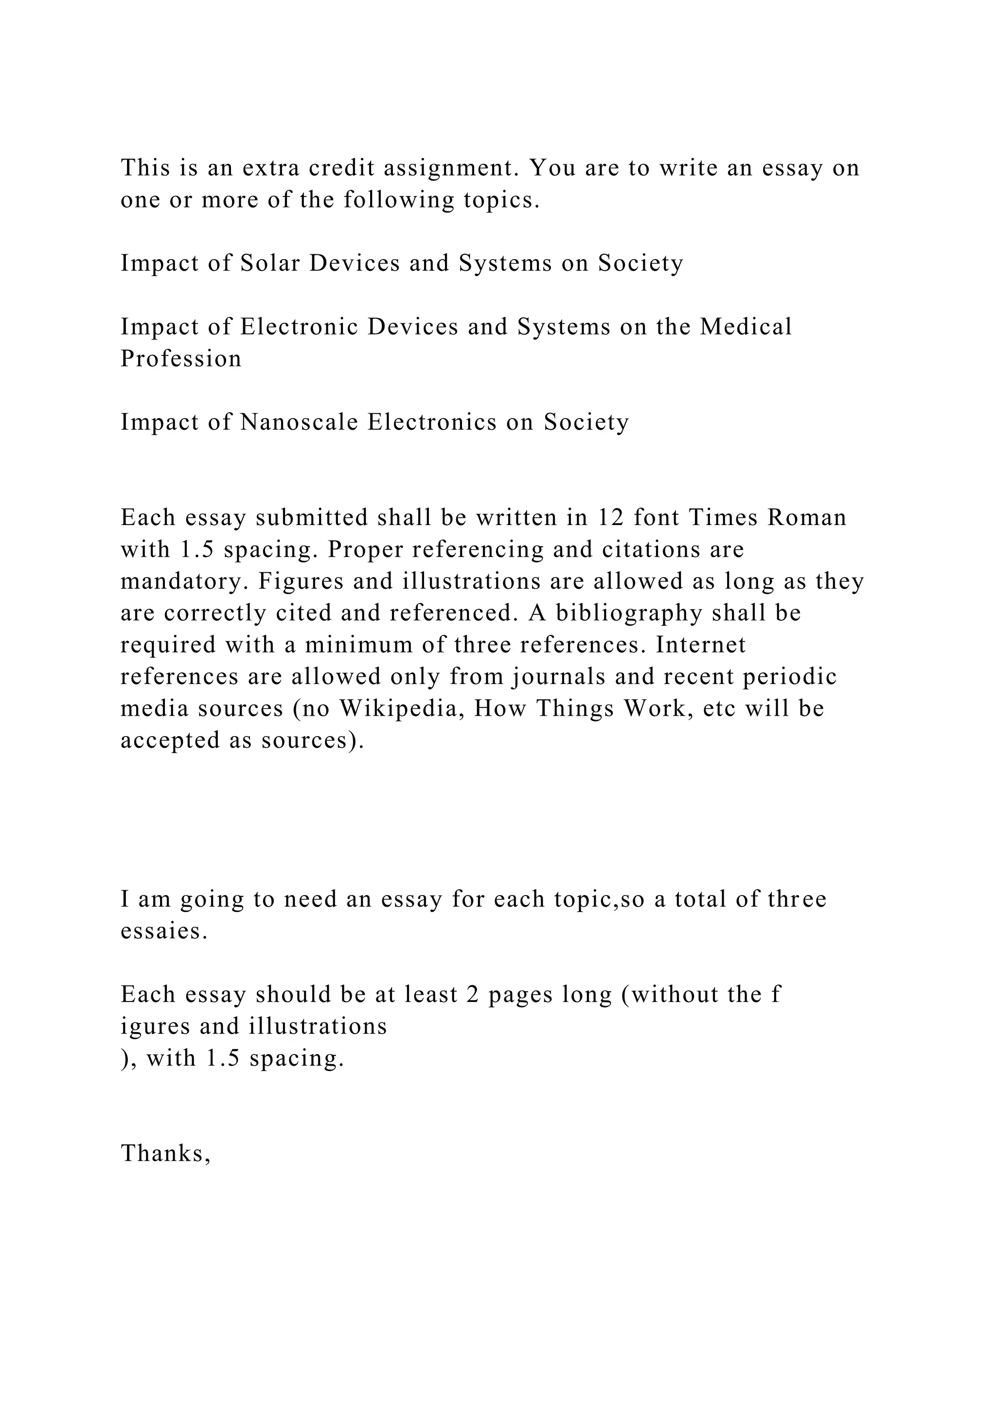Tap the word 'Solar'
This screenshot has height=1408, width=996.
point(270,264)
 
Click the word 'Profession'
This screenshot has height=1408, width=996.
point(181,359)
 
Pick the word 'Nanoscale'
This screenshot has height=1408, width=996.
point(299,422)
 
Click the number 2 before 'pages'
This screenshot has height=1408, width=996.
point(472,995)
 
